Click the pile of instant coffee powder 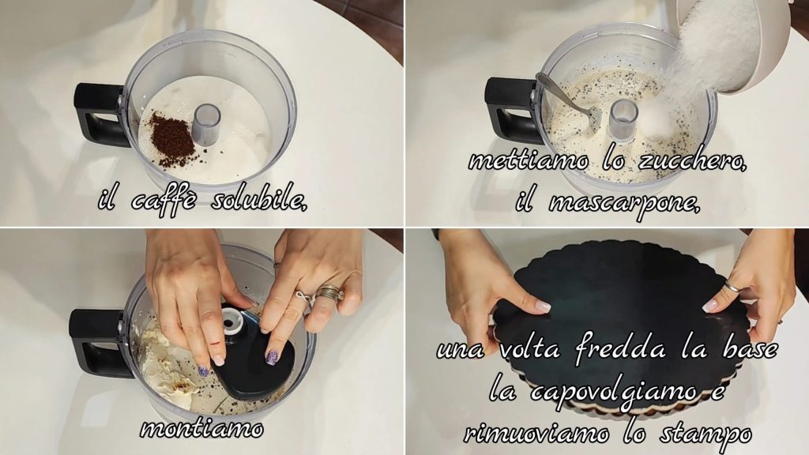coord(171,140)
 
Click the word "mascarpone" coord(624,202)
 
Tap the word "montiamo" coord(201,428)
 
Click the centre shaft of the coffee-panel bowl coord(207,124)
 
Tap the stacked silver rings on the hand coord(331,294)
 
